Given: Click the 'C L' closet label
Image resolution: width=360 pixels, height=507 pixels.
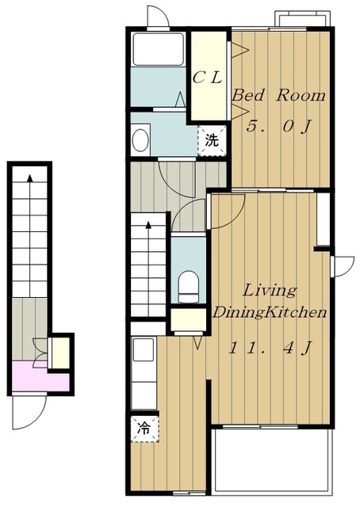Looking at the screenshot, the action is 207,78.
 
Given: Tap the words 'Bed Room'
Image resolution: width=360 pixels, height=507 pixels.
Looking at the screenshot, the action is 278,96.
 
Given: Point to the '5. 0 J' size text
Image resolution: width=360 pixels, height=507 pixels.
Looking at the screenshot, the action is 278,127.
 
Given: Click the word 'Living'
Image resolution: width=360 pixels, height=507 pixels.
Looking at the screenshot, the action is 270,291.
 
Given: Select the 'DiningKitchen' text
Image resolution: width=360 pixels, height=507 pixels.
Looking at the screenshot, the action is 269,312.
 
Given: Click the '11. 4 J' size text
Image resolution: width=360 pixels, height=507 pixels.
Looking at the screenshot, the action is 270,348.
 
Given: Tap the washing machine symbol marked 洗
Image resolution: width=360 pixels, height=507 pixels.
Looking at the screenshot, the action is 212,141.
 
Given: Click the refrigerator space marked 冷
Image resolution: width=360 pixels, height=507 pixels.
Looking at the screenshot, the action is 144,429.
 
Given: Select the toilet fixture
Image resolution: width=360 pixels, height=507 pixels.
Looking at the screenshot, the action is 188,286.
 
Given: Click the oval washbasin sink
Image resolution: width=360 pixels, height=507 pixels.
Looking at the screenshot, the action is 140,140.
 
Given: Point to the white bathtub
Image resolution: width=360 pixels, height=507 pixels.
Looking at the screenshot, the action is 159,49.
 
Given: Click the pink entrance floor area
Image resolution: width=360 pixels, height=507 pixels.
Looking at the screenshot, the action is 40,377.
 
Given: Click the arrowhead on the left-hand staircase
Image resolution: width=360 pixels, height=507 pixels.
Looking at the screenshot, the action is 30,178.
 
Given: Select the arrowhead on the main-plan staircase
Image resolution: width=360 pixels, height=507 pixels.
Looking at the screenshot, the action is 148,225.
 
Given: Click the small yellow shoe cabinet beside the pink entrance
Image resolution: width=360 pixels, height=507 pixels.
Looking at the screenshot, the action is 60,353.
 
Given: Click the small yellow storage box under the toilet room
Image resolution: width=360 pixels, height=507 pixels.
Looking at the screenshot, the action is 189,320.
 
